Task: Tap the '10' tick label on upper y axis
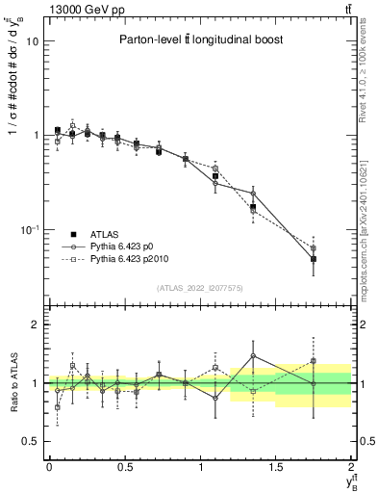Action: (x=31, y=41)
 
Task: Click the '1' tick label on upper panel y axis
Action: (x=35, y=136)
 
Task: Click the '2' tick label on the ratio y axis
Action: (x=35, y=325)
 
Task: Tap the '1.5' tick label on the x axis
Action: (x=275, y=467)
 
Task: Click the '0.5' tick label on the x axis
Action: (x=124, y=467)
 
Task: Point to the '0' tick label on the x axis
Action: (x=49, y=467)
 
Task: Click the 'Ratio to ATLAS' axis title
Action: (x=12, y=383)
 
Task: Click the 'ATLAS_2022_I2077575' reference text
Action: (x=198, y=288)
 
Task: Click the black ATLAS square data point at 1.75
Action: (x=314, y=259)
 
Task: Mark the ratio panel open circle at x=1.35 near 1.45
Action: (x=253, y=356)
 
